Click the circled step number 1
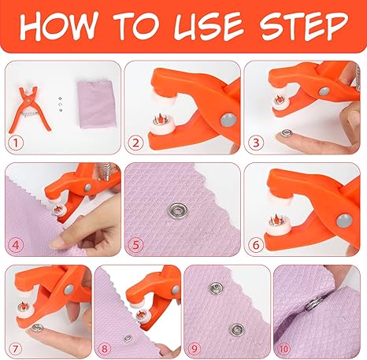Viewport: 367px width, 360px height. click(16, 143)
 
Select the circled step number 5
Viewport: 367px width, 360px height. click(135, 245)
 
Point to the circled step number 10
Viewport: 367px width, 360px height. click(284, 349)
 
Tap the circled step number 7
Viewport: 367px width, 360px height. click(15, 349)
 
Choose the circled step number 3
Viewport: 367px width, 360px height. click(255, 143)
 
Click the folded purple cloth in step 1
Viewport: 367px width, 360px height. click(96, 104)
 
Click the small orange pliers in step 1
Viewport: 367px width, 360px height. click(28, 109)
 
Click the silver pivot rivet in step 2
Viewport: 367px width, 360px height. click(228, 120)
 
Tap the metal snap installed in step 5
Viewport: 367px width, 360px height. click(178, 210)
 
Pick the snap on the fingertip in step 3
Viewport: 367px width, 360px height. click(285, 133)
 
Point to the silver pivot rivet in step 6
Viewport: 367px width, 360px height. click(345, 221)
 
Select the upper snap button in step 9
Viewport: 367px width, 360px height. click(216, 288)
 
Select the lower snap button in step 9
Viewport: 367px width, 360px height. click(237, 330)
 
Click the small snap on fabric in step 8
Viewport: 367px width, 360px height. click(128, 338)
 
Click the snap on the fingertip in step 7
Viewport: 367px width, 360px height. click(37, 327)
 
